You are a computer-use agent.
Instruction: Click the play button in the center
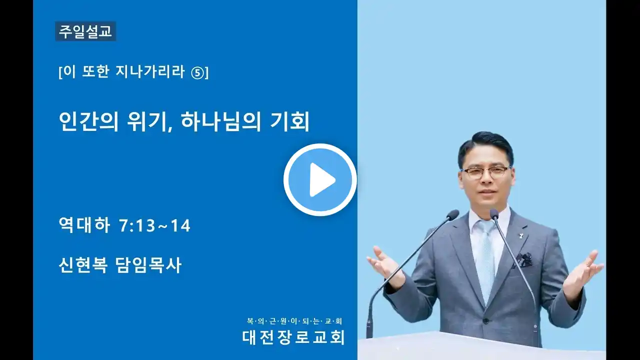(320, 179)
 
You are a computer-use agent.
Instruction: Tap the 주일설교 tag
(85, 31)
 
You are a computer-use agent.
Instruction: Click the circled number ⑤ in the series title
(197, 73)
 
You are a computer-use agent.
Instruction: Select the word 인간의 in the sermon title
(88, 121)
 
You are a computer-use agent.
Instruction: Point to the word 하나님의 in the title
(221, 121)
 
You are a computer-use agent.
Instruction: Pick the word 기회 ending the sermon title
(289, 121)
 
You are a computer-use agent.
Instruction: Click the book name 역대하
(84, 225)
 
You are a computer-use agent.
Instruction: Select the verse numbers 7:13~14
(154, 225)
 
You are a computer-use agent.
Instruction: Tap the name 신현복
(83, 265)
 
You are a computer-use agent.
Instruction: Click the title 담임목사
(148, 265)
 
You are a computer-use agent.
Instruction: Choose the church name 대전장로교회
(293, 337)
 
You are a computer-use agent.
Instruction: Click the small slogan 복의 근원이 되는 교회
(294, 321)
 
